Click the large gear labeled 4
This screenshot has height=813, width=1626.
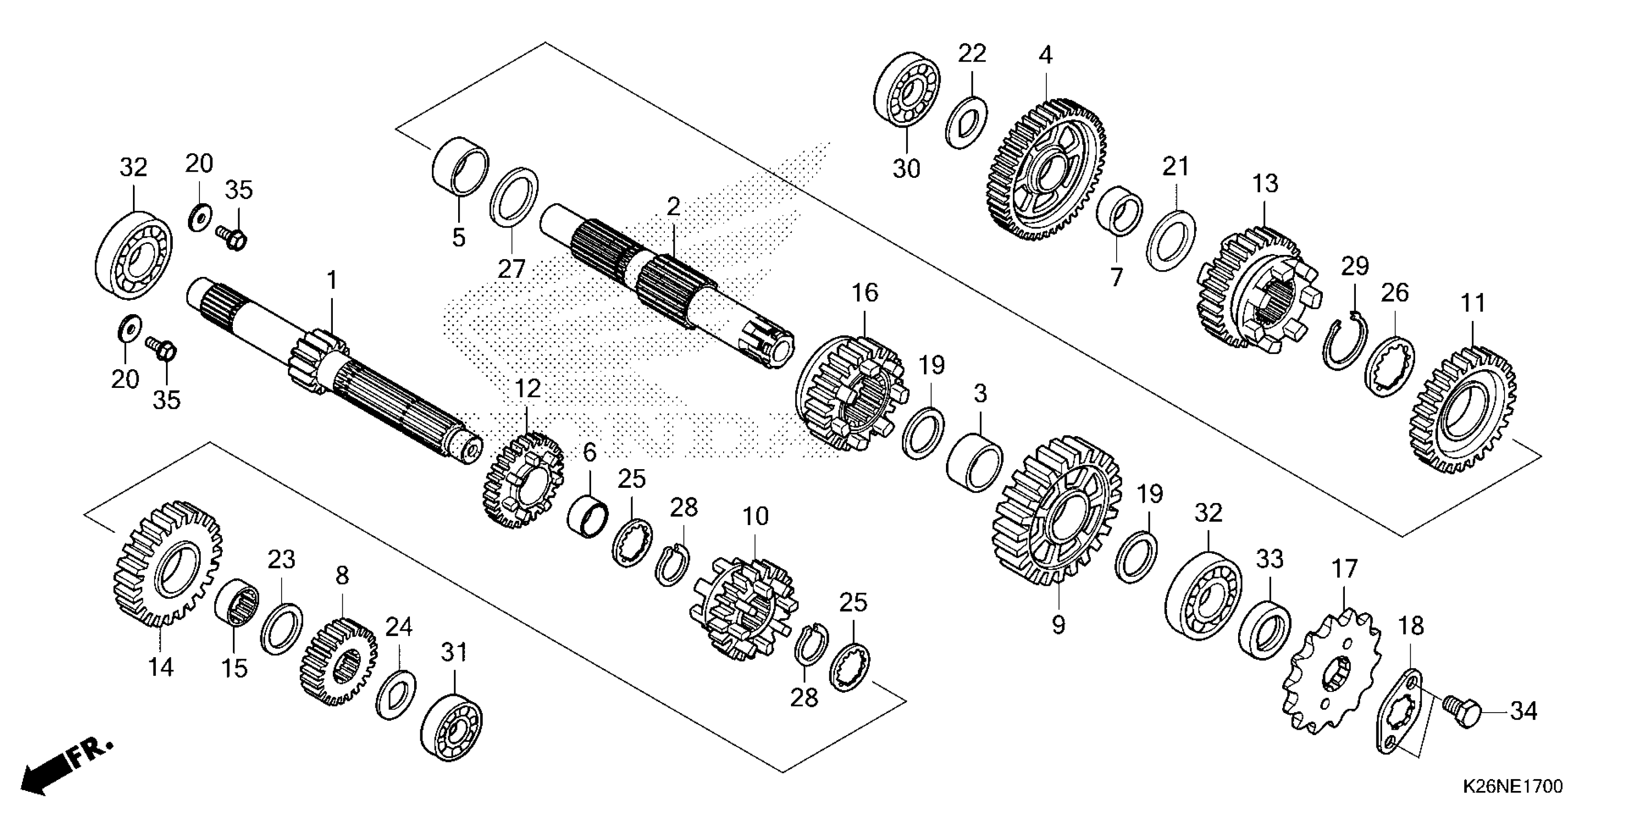pyautogui.click(x=1045, y=170)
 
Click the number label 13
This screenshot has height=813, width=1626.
pyautogui.click(x=1265, y=184)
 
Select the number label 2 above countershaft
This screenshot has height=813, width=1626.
pyautogui.click(x=673, y=207)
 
